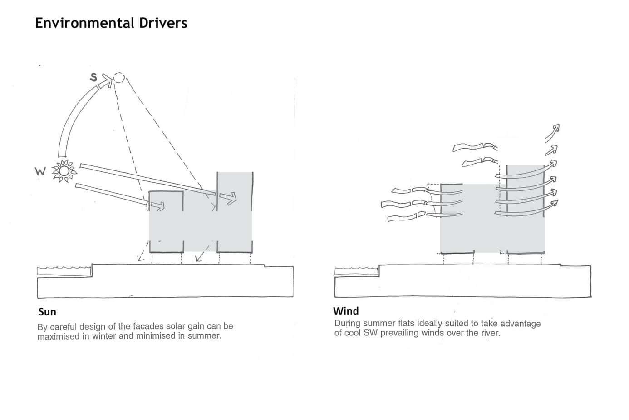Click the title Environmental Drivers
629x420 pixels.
111,23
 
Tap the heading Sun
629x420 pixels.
47,312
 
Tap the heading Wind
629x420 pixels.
346,311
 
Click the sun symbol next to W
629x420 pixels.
64,171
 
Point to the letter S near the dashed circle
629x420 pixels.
93,77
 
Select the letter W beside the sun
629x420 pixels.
40,172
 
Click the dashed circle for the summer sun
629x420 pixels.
119,78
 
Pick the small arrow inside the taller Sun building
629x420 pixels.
229,198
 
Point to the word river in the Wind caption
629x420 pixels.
489,333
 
